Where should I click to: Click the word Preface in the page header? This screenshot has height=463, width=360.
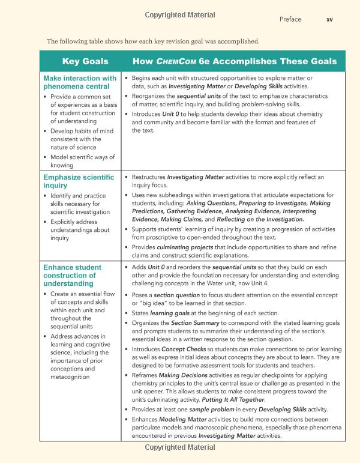coord(290,19)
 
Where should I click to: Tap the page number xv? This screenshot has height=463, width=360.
coord(329,19)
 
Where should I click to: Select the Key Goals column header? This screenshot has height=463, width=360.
coord(85,61)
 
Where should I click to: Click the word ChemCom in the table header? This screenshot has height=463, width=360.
coord(176,61)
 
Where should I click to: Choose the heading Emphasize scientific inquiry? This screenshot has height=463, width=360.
coord(79,182)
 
